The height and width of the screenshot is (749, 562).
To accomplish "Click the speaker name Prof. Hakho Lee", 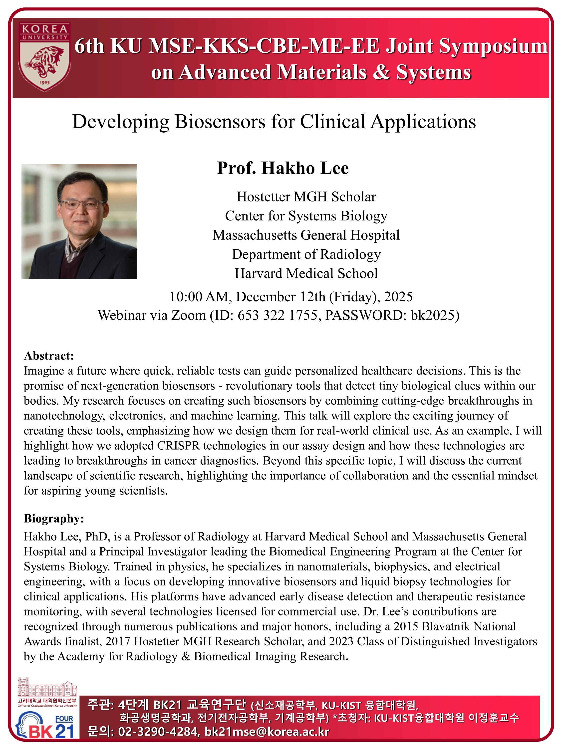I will coord(282,168).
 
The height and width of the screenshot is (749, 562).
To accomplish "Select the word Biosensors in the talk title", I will coord(220,122).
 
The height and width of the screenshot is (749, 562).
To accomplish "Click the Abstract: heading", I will coord(49,356).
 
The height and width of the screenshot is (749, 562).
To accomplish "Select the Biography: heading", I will coord(53,518).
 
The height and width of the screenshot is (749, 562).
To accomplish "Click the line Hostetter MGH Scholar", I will coord(306,197).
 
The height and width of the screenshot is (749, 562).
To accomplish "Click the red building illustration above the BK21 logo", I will coord(47,687).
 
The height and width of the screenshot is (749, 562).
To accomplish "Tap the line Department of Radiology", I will coord(306,254).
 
